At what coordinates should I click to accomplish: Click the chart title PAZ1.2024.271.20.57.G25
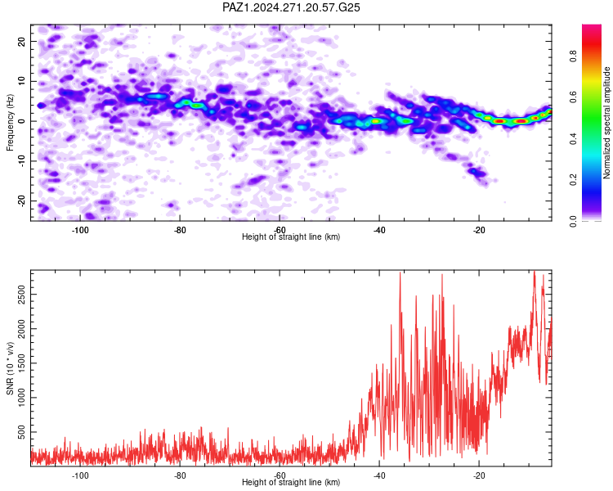coord(291,7)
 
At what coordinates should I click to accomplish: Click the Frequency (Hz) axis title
coord(10,123)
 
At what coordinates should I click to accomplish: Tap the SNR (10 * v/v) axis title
coord(10,368)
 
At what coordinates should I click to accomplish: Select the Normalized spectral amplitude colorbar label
coord(606,123)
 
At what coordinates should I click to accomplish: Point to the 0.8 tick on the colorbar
coord(573,56)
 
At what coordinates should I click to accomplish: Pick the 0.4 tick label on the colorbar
coord(573,138)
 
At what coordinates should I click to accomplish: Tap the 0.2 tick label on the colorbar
coord(573,180)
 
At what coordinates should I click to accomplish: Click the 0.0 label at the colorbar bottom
coord(573,221)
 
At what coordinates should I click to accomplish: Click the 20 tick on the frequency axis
coord(22,41)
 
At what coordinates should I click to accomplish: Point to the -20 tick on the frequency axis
coord(22,200)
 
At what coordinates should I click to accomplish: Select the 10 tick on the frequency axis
coord(22,81)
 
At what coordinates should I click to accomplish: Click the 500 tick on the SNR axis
coord(22,432)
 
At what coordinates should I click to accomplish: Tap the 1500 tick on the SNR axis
coord(22,363)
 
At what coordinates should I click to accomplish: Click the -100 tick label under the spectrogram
coord(80,230)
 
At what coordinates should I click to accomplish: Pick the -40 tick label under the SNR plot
coord(379,475)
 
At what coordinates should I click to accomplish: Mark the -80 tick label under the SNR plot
coord(180,475)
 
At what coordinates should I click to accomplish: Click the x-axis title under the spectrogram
coord(291,236)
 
